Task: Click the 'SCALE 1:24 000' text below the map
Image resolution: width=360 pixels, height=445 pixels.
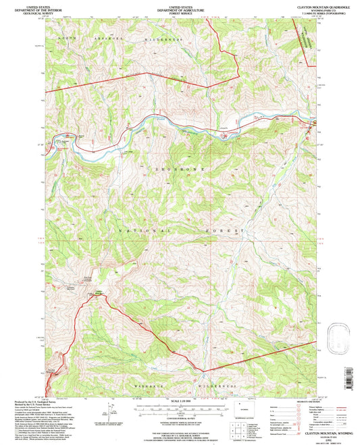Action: tap(180, 403)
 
